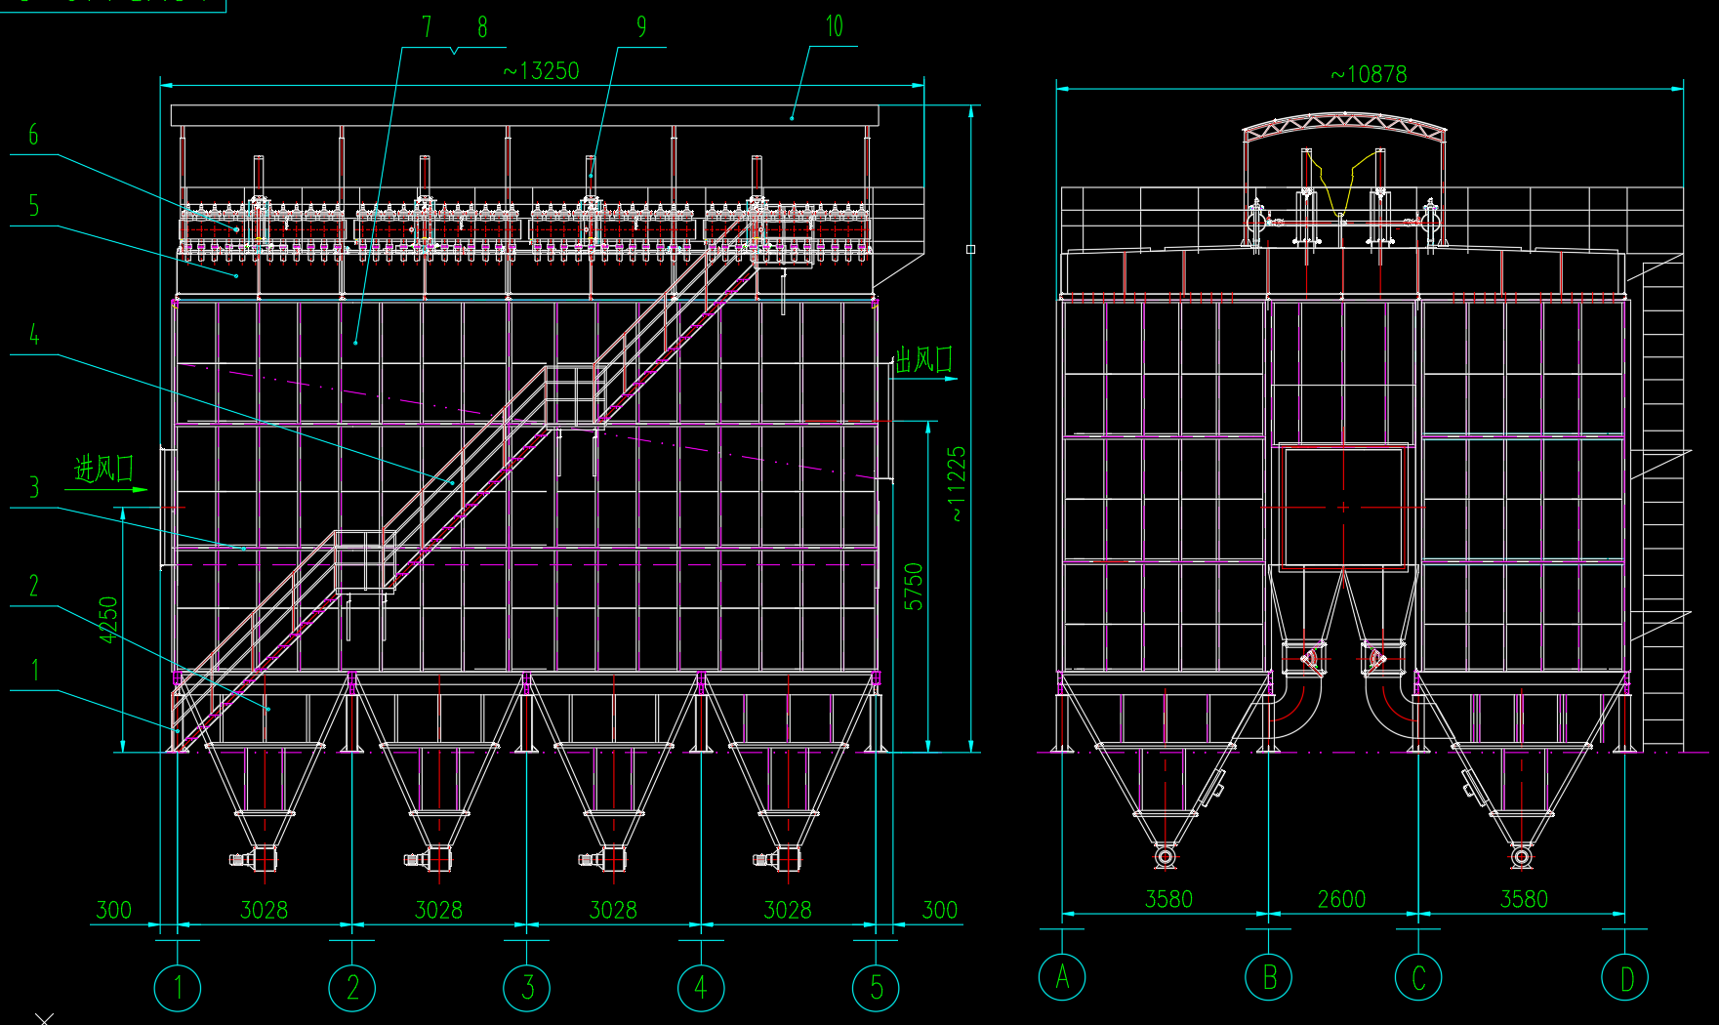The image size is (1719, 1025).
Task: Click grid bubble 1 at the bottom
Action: [x=178, y=988]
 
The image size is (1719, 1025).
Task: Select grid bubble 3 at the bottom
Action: [x=527, y=988]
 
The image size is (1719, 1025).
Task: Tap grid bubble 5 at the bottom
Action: [x=876, y=988]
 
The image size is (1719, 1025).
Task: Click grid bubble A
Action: [x=1062, y=977]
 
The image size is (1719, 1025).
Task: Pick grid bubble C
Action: [x=1418, y=977]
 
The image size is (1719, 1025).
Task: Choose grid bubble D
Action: [x=1625, y=977]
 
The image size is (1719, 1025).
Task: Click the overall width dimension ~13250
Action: [x=541, y=71]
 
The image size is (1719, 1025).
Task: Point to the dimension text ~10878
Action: [x=1369, y=74]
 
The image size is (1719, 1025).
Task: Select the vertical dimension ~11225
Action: [x=957, y=484]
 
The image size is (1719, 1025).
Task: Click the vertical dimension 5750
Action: [x=913, y=587]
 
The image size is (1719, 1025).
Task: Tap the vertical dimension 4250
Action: [x=108, y=620]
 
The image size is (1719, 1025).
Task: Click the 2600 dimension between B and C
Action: [x=1341, y=899]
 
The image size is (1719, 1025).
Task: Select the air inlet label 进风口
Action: [x=104, y=470]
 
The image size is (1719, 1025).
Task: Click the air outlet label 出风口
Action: [x=923, y=360]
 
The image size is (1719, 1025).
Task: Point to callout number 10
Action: [x=834, y=26]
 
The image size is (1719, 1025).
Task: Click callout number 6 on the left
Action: [x=33, y=135]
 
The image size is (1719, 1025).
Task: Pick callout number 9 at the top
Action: [x=641, y=27]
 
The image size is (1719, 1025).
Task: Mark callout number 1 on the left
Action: [x=35, y=670]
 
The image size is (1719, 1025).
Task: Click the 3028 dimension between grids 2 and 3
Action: [x=438, y=910]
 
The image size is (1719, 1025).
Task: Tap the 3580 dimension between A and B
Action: [x=1168, y=899]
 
